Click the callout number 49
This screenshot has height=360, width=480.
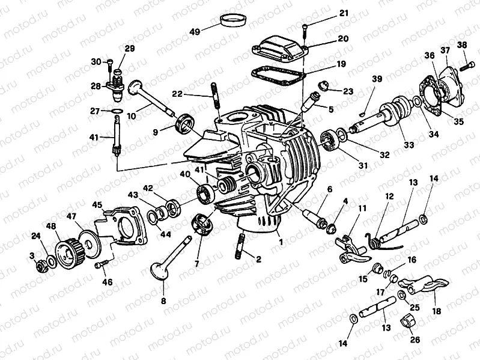195,31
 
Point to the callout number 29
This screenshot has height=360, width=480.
130,49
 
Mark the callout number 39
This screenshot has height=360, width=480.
377,79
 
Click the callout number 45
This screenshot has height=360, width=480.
97,204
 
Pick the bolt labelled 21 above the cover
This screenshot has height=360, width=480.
307,27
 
